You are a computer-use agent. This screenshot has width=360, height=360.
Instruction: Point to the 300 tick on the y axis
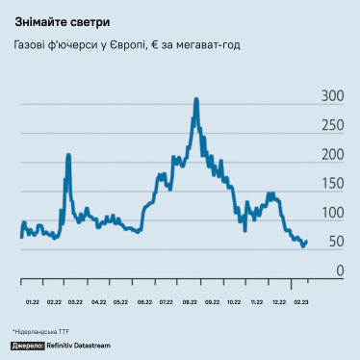pyautogui.click(x=332, y=96)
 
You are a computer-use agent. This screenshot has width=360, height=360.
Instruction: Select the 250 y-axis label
pyautogui.click(x=332, y=125)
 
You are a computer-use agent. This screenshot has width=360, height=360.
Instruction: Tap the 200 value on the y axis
pyautogui.click(x=332, y=155)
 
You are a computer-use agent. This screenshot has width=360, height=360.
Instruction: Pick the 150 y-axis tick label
pyautogui.click(x=332, y=184)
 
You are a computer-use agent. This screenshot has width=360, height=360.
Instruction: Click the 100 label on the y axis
pyautogui.click(x=332, y=213)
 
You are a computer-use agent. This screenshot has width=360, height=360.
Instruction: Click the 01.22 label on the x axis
pyautogui.click(x=32, y=301)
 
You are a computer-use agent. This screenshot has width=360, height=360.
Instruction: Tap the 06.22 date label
pyautogui.click(x=144, y=301)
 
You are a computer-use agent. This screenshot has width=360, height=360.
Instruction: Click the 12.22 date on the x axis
pyautogui.click(x=279, y=301)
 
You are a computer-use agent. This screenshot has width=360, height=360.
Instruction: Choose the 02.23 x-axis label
pyautogui.click(x=302, y=301)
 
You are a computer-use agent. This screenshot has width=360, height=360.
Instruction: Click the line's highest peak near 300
pyautogui.click(x=196, y=98)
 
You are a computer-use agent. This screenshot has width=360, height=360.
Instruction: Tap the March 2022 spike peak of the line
pyautogui.click(x=68, y=154)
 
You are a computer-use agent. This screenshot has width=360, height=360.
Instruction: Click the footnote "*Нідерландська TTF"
pyautogui.click(x=41, y=330)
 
